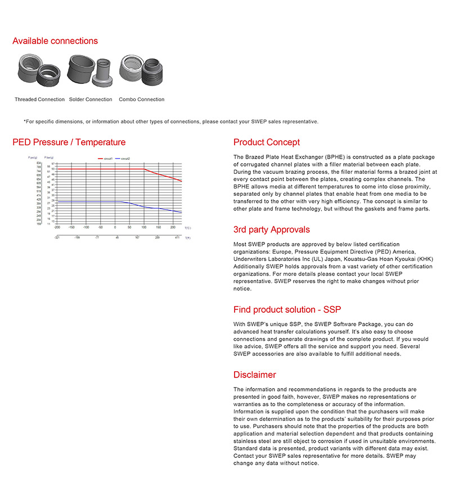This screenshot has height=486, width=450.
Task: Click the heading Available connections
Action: [x=55, y=41]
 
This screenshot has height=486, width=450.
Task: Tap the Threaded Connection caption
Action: [x=39, y=100]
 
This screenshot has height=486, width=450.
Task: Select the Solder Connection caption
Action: [x=91, y=100]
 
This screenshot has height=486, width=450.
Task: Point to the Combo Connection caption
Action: [x=142, y=100]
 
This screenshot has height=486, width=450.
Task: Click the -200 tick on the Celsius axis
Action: [x=57, y=228]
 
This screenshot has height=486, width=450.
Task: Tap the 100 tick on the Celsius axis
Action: [x=144, y=228]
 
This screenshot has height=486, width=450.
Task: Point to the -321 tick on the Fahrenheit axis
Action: [x=57, y=238]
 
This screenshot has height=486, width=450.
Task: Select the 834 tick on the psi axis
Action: [x=39, y=163]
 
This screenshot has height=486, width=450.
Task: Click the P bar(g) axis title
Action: [x=50, y=159]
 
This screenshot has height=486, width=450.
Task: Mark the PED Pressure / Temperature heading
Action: [x=69, y=142]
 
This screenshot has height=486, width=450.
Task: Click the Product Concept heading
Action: [x=267, y=142]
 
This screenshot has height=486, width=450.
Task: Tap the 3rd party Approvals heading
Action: [x=272, y=229]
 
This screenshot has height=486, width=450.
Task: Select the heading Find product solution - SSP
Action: [x=287, y=309]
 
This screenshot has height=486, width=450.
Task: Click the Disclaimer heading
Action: [x=255, y=375]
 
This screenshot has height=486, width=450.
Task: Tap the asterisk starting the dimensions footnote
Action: [x=25, y=121]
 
